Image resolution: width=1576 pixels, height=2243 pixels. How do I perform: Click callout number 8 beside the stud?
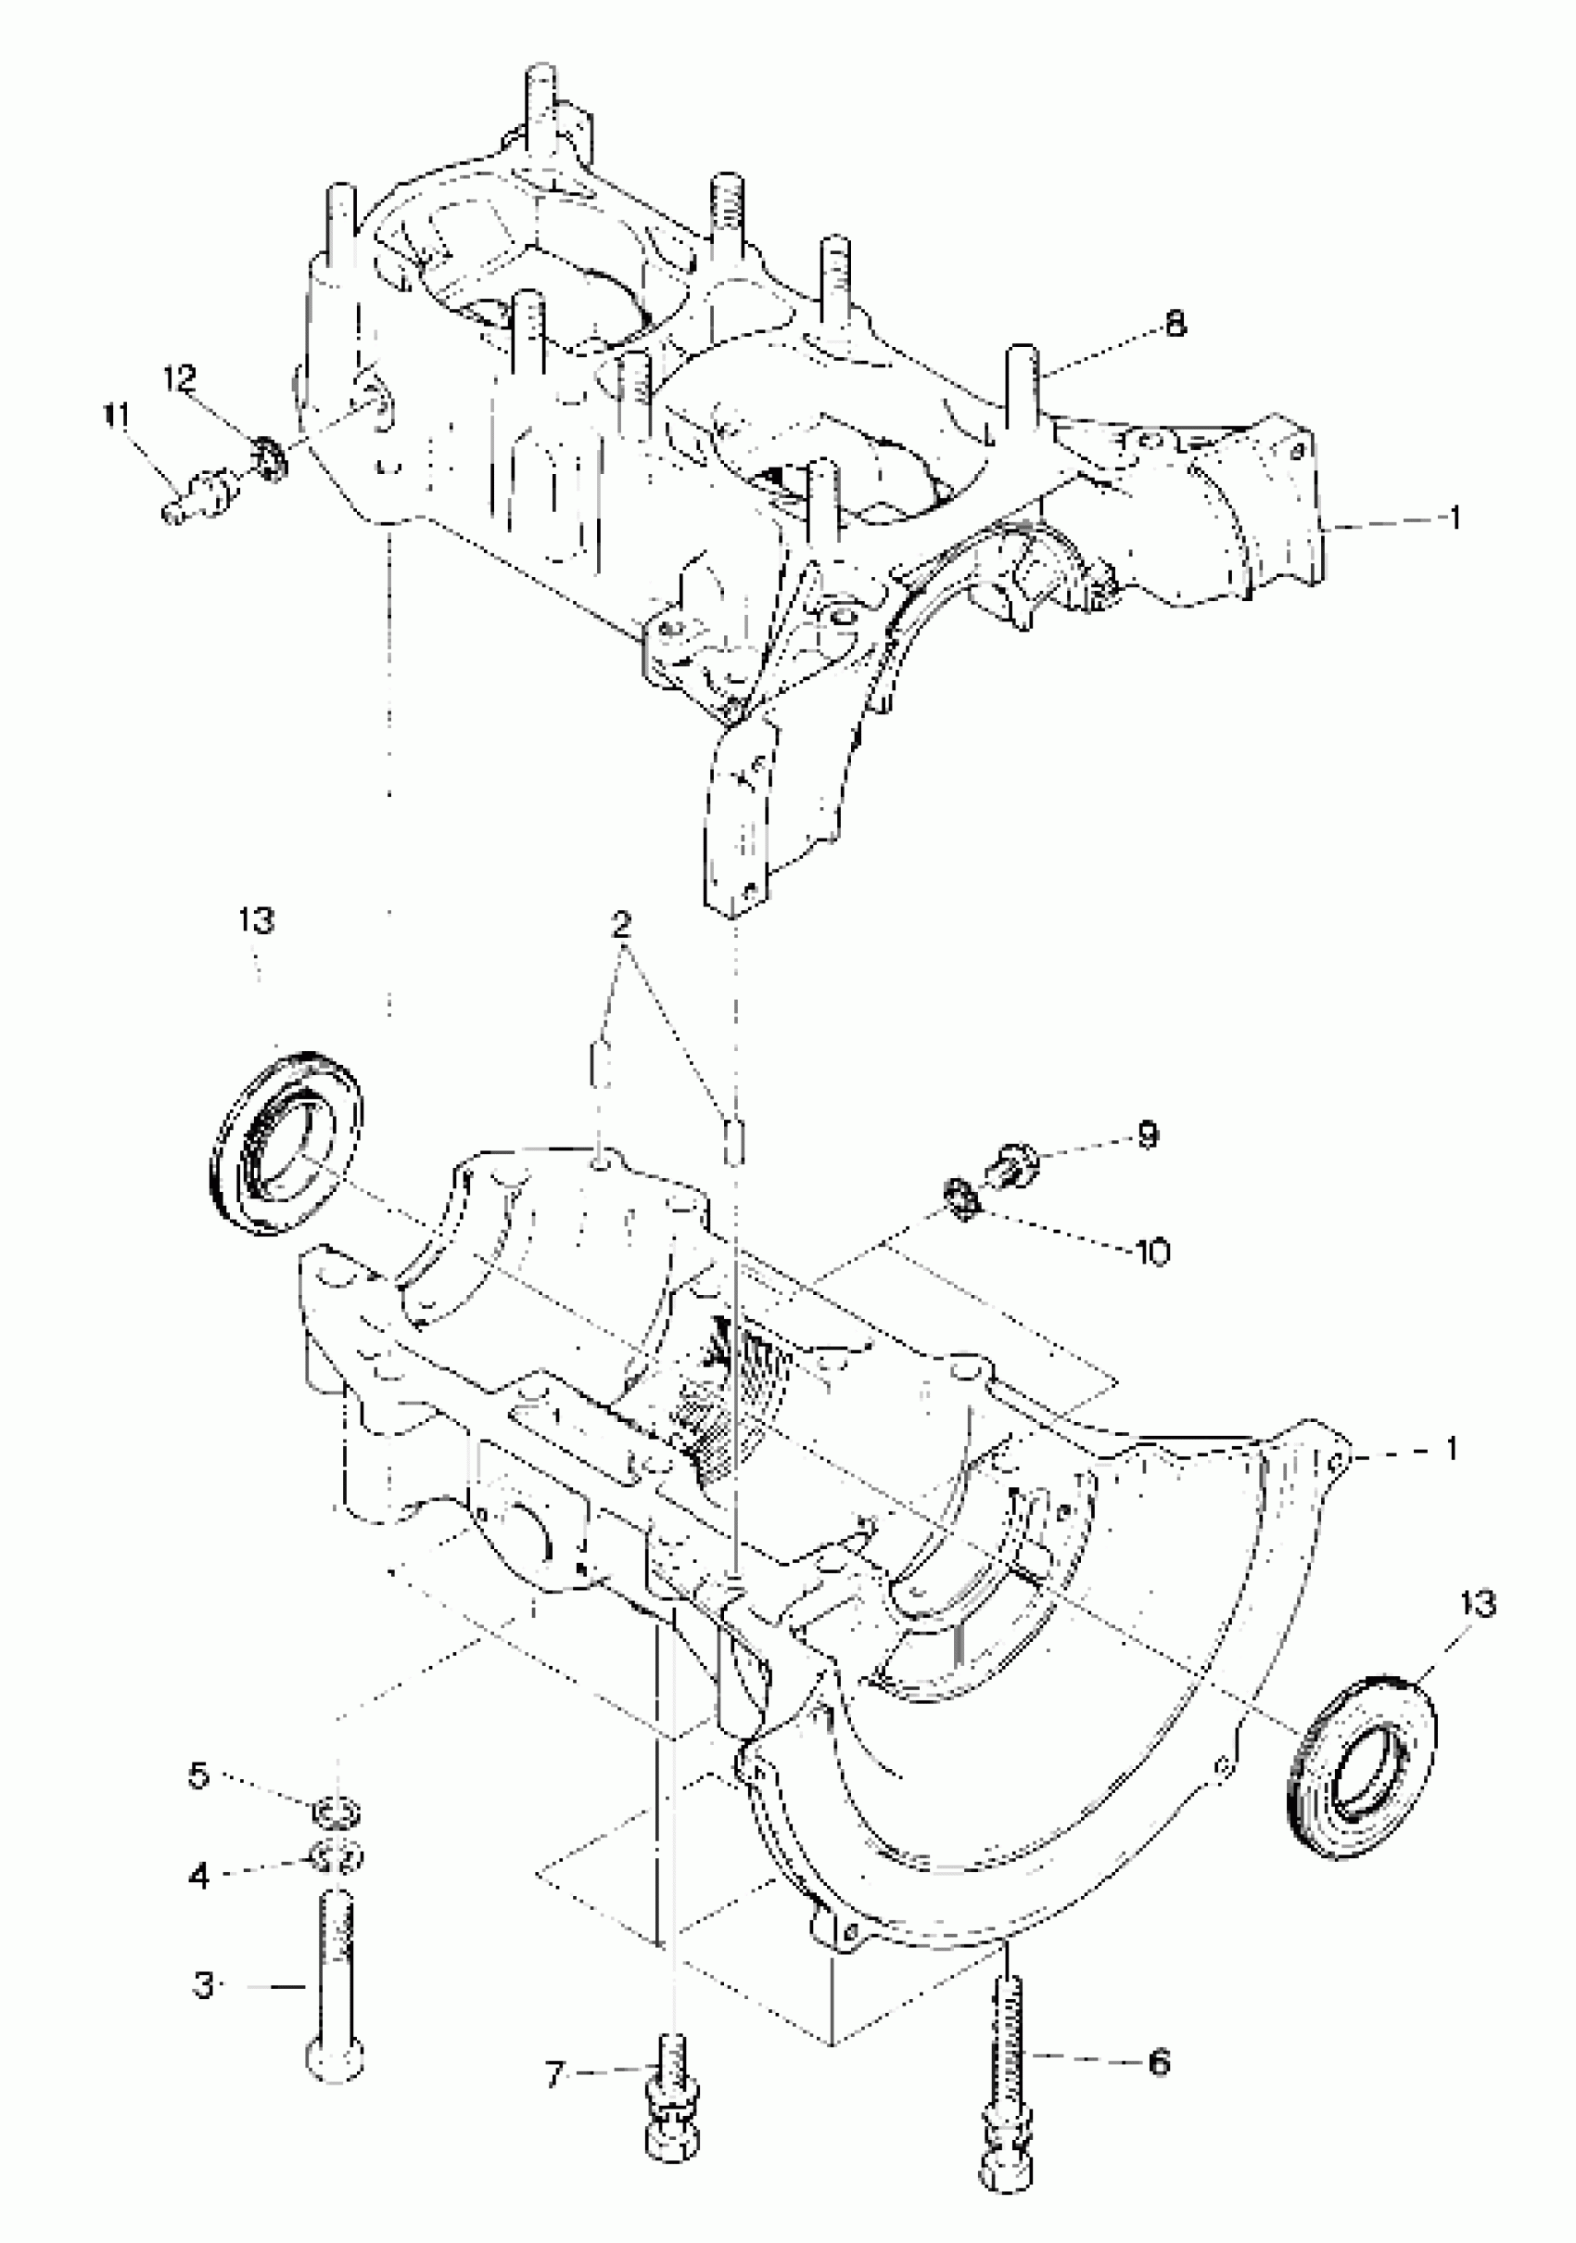click(x=1176, y=324)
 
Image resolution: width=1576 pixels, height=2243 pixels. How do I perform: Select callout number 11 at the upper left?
click(x=115, y=417)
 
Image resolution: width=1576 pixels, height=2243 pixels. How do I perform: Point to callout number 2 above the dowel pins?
click(x=622, y=923)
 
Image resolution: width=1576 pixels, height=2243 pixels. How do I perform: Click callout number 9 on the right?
click(x=1149, y=1135)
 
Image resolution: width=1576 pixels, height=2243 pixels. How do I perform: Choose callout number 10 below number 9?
click(x=1154, y=1251)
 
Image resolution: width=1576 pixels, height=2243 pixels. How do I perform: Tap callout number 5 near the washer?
click(x=199, y=1775)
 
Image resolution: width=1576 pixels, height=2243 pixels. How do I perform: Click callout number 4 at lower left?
click(x=199, y=1875)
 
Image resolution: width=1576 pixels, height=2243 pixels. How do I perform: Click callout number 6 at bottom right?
click(x=1158, y=2062)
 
